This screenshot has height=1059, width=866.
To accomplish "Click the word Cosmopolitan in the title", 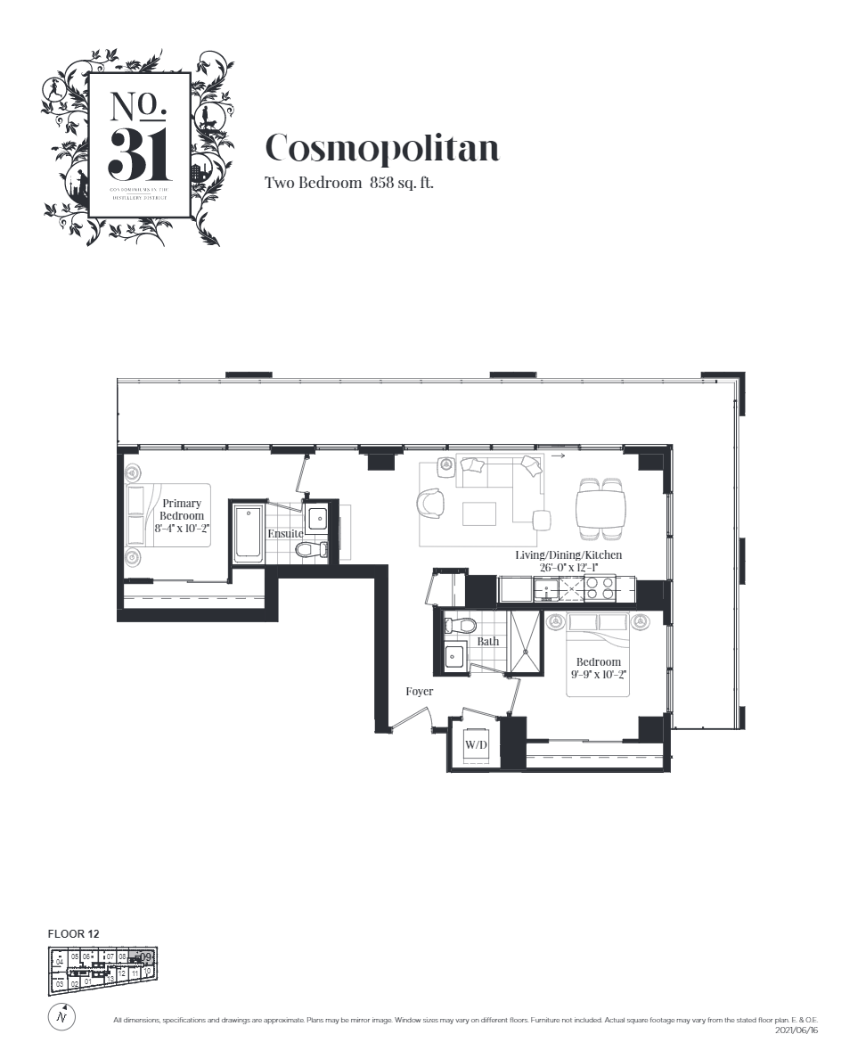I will click(382, 148).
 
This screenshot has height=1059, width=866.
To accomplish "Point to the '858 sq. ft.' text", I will click(401, 184).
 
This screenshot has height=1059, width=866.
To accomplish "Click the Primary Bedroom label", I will click(182, 510).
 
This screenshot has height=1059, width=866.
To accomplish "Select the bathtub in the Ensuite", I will click(249, 535).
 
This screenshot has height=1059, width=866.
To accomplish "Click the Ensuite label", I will click(285, 533).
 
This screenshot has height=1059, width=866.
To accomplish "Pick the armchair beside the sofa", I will click(431, 501).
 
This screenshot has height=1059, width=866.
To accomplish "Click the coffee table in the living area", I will click(479, 514).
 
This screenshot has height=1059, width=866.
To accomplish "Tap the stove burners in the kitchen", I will click(600, 588).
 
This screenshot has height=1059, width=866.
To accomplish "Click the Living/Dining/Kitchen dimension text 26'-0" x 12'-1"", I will click(568, 567).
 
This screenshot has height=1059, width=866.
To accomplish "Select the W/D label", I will click(475, 744).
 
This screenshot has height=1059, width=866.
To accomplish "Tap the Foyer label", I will click(419, 691).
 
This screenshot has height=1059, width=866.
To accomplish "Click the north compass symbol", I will click(61, 1016).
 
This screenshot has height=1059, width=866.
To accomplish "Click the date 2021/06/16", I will click(797, 1030).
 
